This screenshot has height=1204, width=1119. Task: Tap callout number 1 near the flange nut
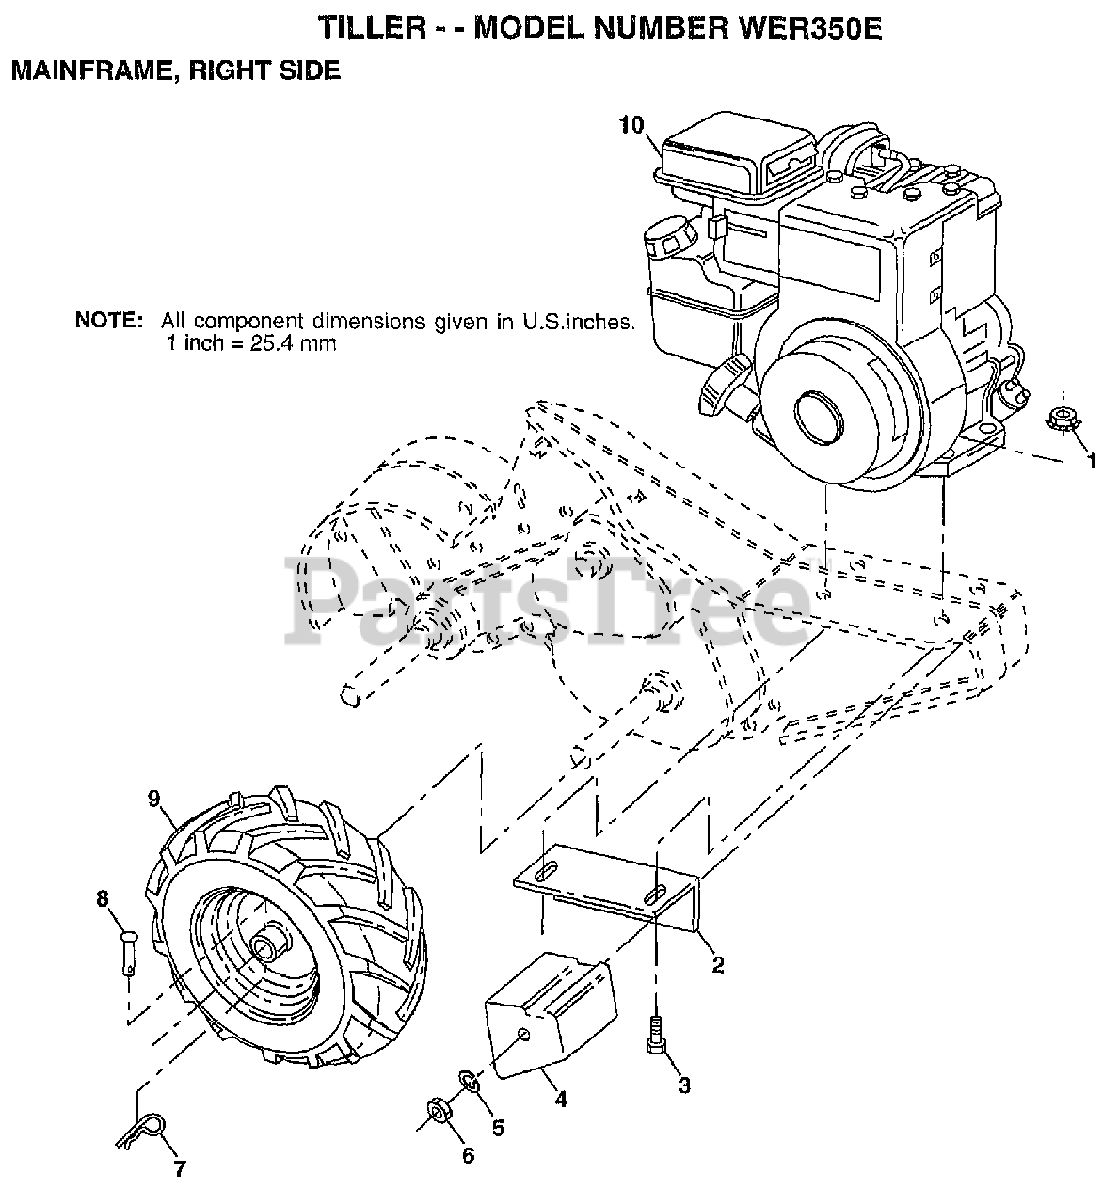point(1093,460)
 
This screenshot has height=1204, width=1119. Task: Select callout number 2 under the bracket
point(717,964)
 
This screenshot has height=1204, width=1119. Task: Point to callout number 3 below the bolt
point(684,1085)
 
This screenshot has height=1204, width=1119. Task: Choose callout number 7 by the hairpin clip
point(179,1171)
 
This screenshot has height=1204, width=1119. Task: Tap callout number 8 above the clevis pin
point(102,898)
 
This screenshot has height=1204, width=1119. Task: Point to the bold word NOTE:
point(109,320)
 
